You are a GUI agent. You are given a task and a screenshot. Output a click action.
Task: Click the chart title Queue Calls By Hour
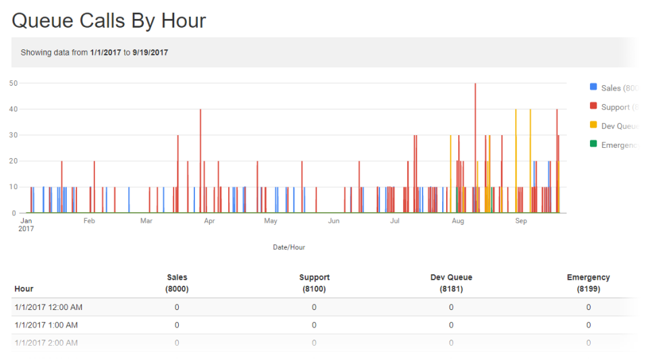click(x=109, y=20)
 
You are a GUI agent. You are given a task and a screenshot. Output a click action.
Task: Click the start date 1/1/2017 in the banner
click(x=105, y=52)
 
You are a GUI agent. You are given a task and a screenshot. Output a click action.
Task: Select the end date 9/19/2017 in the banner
click(x=151, y=52)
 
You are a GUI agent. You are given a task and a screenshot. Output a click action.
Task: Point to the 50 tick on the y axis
click(x=13, y=83)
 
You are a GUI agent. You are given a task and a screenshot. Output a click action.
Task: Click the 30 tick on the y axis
click(x=13, y=135)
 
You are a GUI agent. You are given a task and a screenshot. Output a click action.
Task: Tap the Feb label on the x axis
click(x=88, y=221)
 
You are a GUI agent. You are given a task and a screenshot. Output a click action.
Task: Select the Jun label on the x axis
click(x=333, y=221)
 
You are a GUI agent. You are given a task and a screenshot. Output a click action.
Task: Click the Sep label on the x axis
click(x=520, y=221)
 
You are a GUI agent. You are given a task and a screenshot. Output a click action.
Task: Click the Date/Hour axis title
click(x=289, y=247)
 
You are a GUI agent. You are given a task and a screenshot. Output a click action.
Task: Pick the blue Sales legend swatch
click(x=593, y=88)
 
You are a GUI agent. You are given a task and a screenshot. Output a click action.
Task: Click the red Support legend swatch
click(x=593, y=106)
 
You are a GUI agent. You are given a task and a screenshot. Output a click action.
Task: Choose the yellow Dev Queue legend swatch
click(x=593, y=125)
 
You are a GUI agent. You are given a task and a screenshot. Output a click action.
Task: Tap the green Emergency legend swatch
click(x=593, y=144)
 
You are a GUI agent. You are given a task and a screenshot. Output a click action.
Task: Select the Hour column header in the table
click(x=24, y=289)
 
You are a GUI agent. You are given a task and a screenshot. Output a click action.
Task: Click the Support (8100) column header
click(x=314, y=283)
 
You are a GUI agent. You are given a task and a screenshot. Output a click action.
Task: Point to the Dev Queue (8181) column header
click(x=451, y=283)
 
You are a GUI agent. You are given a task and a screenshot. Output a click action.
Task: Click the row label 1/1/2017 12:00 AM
click(x=48, y=307)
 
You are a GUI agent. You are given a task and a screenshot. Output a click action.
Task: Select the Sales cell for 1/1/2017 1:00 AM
click(x=177, y=325)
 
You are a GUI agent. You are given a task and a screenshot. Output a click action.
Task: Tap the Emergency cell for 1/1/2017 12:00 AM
click(x=588, y=307)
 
